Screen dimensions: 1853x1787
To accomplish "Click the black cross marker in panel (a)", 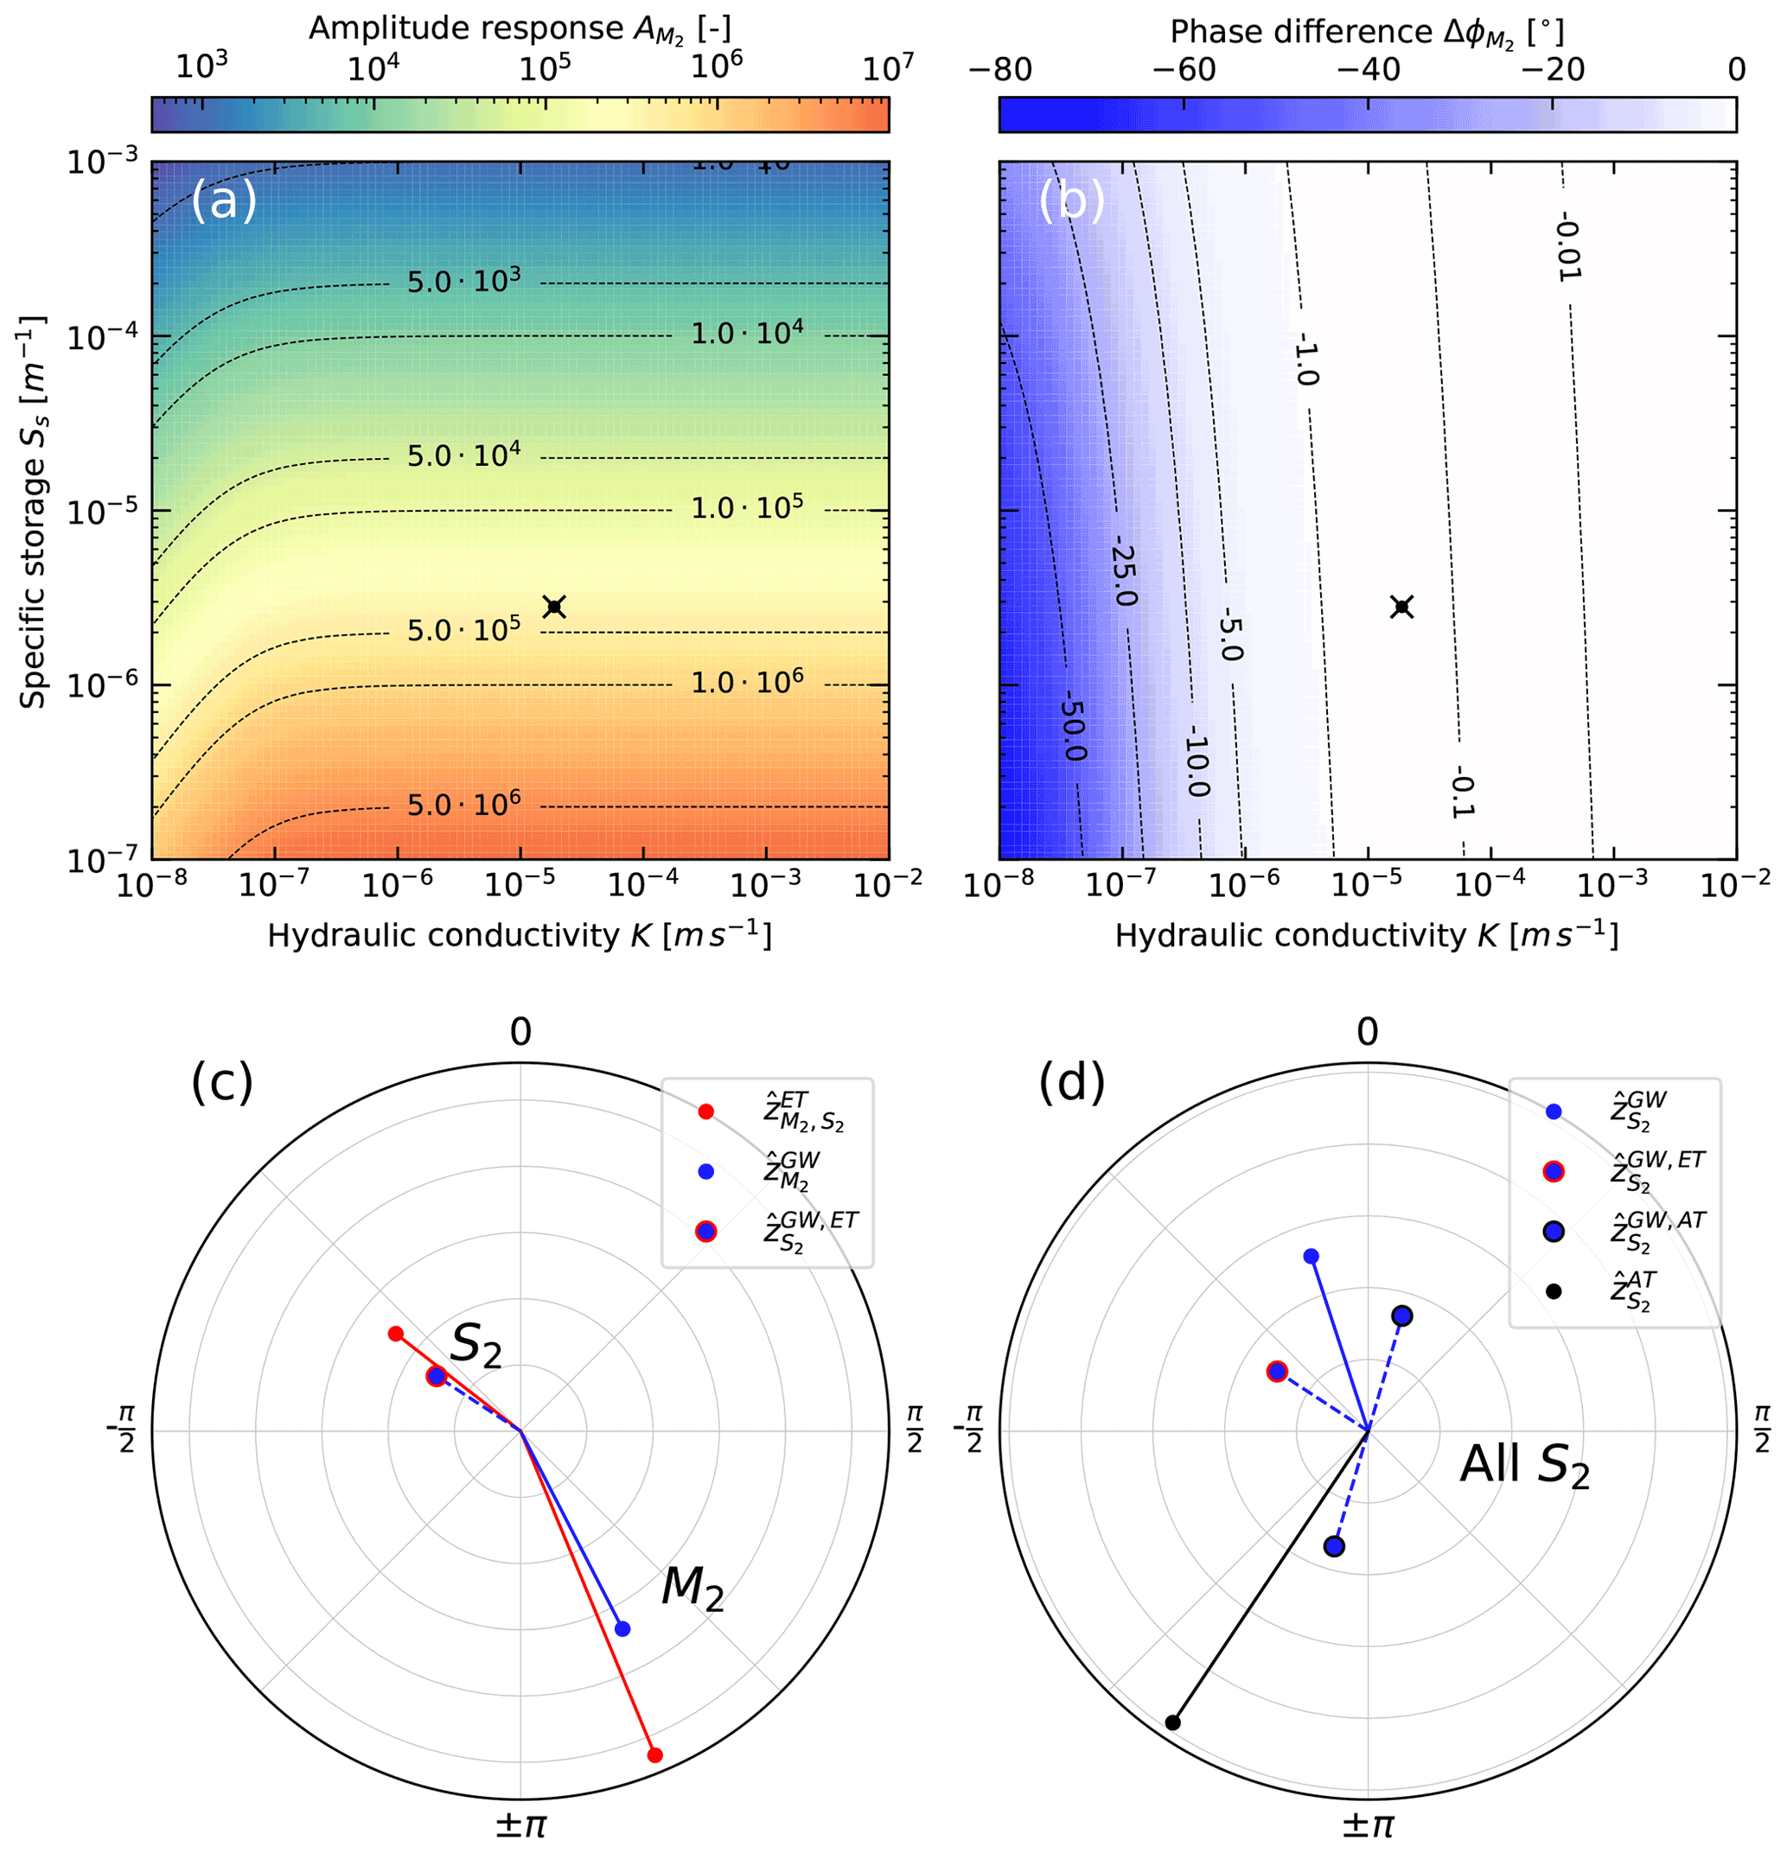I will click(x=555, y=606).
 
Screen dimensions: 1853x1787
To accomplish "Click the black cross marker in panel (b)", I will click(x=1402, y=606).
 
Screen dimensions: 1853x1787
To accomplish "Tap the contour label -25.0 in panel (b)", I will click(x=1124, y=574).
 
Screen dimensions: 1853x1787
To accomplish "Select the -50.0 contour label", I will click(x=1072, y=725).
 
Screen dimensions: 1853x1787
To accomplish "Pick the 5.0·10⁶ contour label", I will click(x=463, y=805).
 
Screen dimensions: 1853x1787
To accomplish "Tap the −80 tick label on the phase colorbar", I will click(x=1000, y=70).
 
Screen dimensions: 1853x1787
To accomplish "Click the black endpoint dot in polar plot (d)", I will click(x=1172, y=1722).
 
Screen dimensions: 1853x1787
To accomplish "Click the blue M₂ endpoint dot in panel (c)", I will click(x=622, y=1628).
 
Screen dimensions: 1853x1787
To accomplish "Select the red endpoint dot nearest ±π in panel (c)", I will click(x=654, y=1755).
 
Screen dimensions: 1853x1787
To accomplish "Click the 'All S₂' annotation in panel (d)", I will click(x=1524, y=1467).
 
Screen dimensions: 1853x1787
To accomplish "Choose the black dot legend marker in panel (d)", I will click(x=1554, y=1290).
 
